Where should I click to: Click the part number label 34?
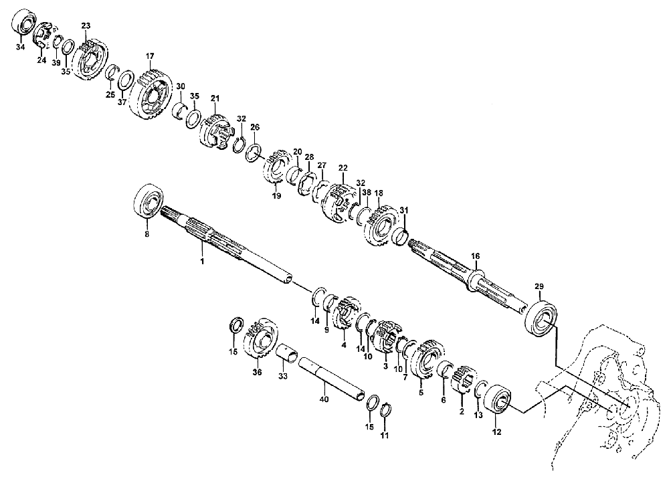(x=20, y=47)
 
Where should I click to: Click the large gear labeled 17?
(x=150, y=96)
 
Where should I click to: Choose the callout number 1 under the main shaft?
(x=202, y=261)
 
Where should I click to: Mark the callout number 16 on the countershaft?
(x=475, y=256)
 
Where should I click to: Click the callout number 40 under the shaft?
(x=324, y=399)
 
